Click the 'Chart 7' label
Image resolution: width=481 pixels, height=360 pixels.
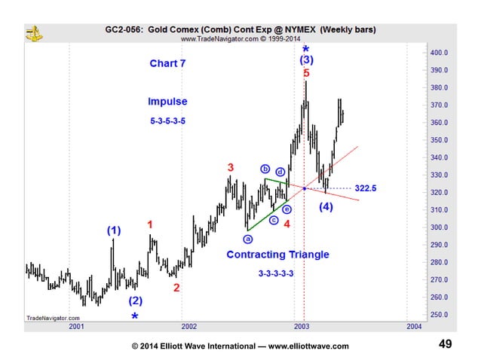tap(167, 64)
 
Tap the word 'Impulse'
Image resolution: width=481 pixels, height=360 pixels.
tap(167, 102)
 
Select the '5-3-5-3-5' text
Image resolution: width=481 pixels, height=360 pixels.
tap(167, 121)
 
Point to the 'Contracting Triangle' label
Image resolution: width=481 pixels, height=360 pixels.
tap(277, 255)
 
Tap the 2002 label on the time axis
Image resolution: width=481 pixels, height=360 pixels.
tap(189, 327)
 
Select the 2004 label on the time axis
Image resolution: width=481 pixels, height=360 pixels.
tap(413, 327)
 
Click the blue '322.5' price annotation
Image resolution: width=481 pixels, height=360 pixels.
tap(366, 188)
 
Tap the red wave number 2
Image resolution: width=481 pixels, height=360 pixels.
tap(176, 288)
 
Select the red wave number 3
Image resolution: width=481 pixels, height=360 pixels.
tap(231, 167)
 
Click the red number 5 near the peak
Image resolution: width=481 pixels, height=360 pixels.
tap(305, 74)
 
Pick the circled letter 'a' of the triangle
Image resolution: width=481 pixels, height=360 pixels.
tap(247, 237)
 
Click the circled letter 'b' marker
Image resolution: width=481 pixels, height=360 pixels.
tap(265, 169)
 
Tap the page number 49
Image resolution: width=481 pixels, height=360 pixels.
tap(445, 344)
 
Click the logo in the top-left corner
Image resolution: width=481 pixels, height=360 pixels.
tap(33, 32)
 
